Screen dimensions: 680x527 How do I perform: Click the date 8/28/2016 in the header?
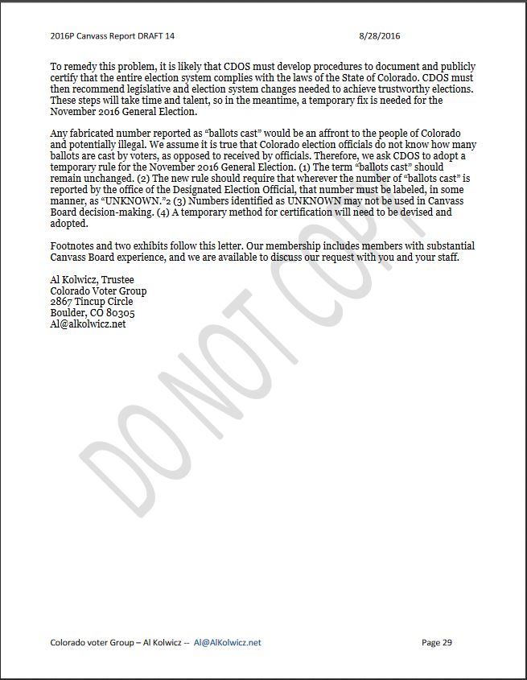click(379, 36)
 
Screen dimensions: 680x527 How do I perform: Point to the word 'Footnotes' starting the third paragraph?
click(74, 245)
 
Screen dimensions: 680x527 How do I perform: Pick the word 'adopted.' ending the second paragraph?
click(68, 223)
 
